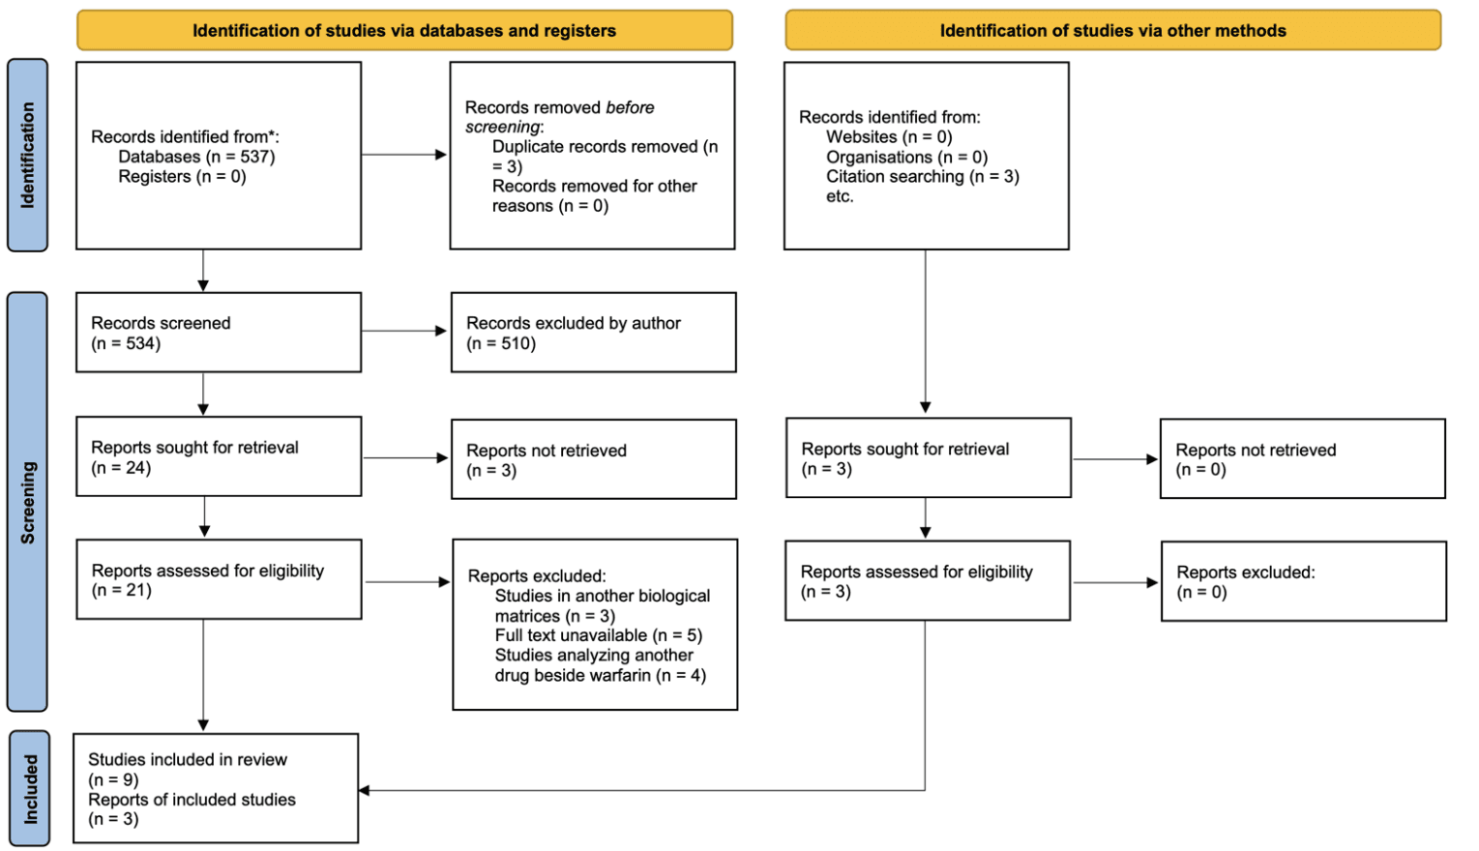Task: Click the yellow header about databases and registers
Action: coord(404,30)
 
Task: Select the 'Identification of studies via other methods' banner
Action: coord(1112,30)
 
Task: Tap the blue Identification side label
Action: coord(27,155)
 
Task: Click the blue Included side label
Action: coord(29,789)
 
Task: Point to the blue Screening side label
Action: coord(27,502)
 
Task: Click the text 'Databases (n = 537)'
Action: coord(196,157)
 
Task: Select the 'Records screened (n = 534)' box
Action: coord(219,333)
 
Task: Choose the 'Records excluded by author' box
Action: coord(593,333)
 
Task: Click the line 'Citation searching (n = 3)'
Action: coord(922,176)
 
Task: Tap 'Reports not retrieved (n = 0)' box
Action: coord(1302,459)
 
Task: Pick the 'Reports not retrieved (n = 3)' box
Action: coord(593,459)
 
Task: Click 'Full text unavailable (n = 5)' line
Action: coord(598,635)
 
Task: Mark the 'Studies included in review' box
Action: coord(216,788)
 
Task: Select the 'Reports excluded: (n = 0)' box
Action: coord(1303,581)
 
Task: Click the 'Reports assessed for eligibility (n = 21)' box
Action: coord(219,579)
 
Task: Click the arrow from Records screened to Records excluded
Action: coord(404,331)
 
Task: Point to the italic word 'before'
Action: coord(630,107)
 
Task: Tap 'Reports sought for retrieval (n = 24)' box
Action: coord(219,456)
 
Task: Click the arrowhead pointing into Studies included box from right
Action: coord(365,790)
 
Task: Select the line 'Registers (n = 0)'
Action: coord(182,176)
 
